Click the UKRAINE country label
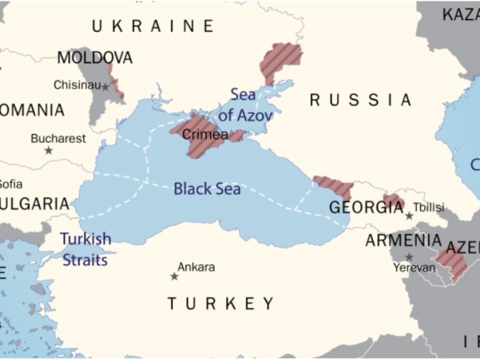(x=153, y=26)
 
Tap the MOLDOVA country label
(x=95, y=58)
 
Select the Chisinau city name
(x=76, y=85)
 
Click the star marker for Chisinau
(x=105, y=86)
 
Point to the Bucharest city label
(x=58, y=139)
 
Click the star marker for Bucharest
(x=48, y=151)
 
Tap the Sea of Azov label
(x=245, y=105)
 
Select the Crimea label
(x=204, y=135)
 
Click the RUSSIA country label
(x=360, y=100)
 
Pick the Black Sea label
(x=206, y=190)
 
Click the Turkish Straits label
(x=85, y=249)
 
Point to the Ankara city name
(x=196, y=267)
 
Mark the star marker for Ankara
(x=174, y=276)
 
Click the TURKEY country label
(x=220, y=303)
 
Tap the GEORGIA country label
(x=366, y=208)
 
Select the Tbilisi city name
(x=429, y=207)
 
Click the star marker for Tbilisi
(x=409, y=216)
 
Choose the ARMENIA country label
(x=403, y=241)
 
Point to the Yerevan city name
(x=414, y=268)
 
